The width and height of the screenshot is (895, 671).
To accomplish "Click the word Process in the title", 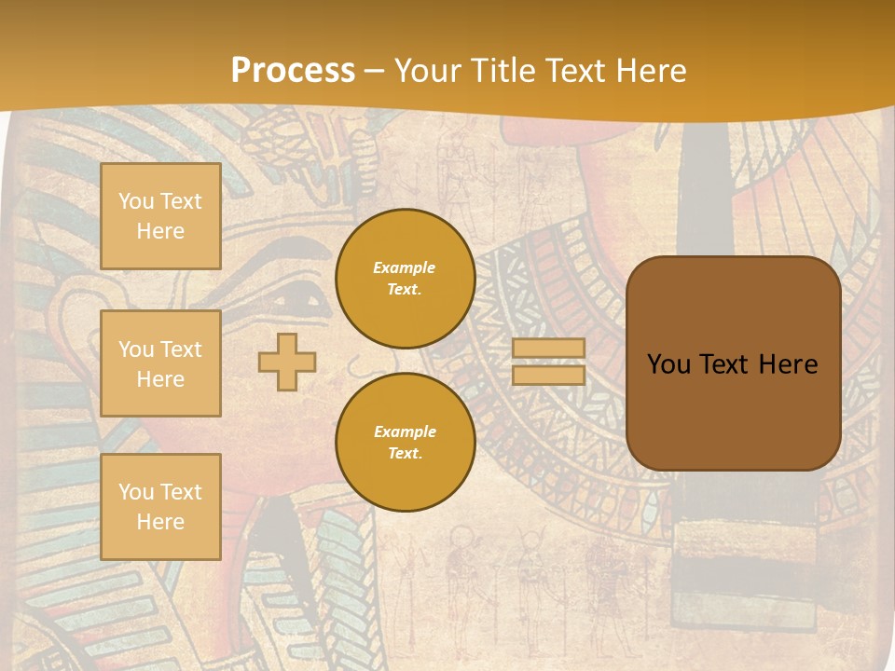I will (x=293, y=71).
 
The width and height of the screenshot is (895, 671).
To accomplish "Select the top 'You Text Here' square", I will (x=160, y=216).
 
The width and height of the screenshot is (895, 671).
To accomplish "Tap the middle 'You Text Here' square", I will (x=160, y=363).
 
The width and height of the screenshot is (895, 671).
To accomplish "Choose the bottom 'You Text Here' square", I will (x=160, y=507).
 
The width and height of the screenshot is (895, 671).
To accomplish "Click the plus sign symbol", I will (x=287, y=362).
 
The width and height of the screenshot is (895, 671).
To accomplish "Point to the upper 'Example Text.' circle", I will (x=405, y=279).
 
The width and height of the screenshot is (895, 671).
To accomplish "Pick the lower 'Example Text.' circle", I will (x=405, y=443).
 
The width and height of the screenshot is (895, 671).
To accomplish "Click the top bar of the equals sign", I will (x=549, y=349).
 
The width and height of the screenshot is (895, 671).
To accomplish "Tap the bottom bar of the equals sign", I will (x=549, y=376).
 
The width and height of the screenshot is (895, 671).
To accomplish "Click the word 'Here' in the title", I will (x=653, y=71).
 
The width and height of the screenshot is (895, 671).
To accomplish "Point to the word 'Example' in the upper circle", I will (x=405, y=267).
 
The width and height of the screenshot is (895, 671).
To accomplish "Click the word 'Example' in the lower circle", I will (x=405, y=431).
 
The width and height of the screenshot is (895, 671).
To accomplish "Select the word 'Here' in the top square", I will (x=160, y=231).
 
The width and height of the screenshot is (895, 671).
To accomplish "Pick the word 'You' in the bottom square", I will (x=135, y=492).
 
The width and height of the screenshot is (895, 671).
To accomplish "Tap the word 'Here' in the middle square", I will (x=160, y=379).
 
